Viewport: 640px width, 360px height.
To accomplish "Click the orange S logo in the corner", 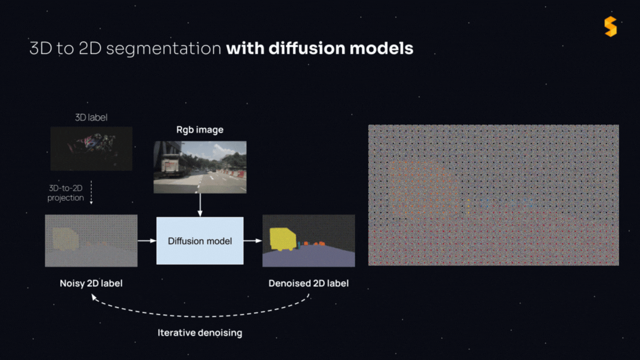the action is (610, 26).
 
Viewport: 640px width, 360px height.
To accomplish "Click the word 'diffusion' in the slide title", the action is (306, 48).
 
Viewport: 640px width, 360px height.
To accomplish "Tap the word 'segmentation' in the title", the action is (163, 48).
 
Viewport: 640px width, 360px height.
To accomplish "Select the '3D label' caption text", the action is (91, 117).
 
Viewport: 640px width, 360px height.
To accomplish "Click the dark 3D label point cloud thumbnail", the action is (91, 148).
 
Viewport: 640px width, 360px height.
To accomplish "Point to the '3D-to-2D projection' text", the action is (65, 193).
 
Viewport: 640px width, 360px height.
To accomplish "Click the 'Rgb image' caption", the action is (199, 130).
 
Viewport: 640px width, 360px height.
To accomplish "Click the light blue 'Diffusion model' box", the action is (200, 240).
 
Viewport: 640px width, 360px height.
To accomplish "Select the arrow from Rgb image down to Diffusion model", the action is (200, 205).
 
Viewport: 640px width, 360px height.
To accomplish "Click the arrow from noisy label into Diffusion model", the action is (147, 240).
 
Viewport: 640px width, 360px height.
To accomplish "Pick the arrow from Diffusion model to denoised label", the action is (253, 240).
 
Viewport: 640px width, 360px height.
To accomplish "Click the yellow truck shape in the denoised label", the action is (282, 239).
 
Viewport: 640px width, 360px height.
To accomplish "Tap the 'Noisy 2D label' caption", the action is (91, 283).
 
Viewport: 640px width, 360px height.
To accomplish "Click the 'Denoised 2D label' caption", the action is (308, 283).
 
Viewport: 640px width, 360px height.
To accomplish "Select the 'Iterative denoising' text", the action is (199, 333).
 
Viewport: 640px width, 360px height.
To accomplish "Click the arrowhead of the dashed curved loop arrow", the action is (93, 297).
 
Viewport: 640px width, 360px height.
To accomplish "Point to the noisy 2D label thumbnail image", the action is (91, 240).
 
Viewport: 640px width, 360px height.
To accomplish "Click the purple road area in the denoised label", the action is (308, 257).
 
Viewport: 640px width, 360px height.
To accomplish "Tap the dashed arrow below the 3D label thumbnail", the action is (91, 192).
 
